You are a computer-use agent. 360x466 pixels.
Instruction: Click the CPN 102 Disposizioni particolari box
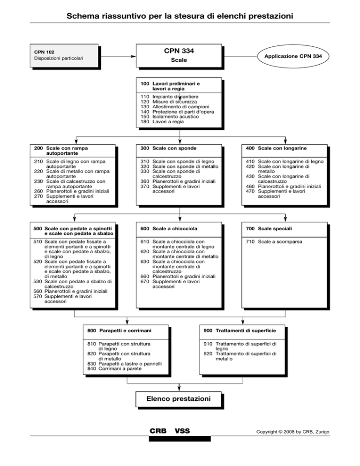[64, 56]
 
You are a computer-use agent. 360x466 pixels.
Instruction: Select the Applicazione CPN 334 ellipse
[293, 56]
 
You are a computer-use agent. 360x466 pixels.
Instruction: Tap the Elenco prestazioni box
[179, 399]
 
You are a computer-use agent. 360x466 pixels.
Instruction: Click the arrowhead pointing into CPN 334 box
[134, 56]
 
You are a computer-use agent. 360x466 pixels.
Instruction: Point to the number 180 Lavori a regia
[145, 121]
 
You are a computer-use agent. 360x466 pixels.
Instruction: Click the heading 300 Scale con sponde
[168, 148]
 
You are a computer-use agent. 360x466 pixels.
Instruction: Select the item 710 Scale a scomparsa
[270, 241]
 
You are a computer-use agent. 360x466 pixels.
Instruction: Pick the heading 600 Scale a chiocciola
[169, 228]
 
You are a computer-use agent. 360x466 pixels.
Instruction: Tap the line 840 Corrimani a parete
[114, 368]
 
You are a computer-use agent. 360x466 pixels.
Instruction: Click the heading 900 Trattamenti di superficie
[240, 331]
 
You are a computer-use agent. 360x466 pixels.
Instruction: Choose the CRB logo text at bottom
[158, 431]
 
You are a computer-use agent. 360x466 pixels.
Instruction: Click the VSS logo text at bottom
[182, 431]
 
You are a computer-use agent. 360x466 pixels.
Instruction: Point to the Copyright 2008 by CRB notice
[293, 432]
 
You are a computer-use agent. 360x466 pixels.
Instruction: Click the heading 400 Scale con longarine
[276, 148]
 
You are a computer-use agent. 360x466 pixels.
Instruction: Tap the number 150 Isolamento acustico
[145, 116]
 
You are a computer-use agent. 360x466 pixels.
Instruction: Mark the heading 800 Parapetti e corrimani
[119, 331]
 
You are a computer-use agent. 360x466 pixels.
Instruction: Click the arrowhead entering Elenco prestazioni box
[179, 389]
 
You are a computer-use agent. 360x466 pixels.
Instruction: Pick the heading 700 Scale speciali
[269, 228]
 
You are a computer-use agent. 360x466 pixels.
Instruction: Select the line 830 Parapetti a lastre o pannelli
[125, 364]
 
